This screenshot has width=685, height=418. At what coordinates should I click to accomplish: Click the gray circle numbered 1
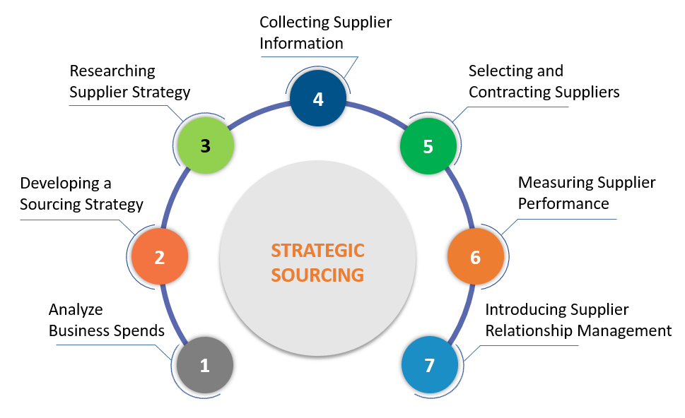[x=205, y=366]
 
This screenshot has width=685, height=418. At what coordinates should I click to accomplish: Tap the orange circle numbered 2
[x=160, y=257]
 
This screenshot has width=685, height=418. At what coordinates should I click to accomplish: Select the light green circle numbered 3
[x=205, y=146]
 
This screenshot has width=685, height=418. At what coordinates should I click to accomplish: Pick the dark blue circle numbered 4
[x=318, y=99]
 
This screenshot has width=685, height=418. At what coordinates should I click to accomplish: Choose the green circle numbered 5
[x=428, y=146]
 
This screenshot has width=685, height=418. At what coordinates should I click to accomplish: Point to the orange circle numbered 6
[x=475, y=257]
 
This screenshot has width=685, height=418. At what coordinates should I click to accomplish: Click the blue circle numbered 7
[x=430, y=366]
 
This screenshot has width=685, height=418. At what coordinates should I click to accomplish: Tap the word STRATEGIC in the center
[x=318, y=251]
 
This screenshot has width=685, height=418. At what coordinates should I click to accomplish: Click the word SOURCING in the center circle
[x=318, y=275]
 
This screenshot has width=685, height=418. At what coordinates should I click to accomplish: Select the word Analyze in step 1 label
[x=76, y=309]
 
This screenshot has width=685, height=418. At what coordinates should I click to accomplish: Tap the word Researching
[x=112, y=71]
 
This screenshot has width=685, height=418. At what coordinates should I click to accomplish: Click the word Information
[x=301, y=43]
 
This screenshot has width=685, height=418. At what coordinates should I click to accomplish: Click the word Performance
[x=563, y=203]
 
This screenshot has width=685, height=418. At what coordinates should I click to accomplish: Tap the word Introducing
[x=527, y=309]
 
